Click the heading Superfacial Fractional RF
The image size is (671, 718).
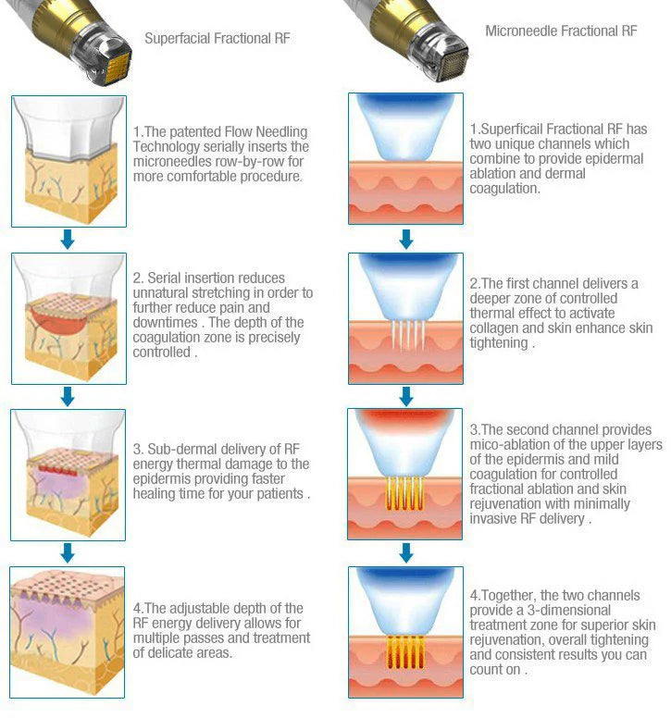coord(217,39)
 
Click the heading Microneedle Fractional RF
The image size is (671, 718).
coord(561,31)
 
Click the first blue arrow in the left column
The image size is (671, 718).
coord(68,240)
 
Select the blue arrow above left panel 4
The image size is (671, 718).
coord(68,552)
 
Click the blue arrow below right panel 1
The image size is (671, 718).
coord(406,239)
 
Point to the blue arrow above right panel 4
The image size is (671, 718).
coord(406,552)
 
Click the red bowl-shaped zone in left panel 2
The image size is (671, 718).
coord(58,319)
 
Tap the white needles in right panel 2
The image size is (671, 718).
coord(407,335)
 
